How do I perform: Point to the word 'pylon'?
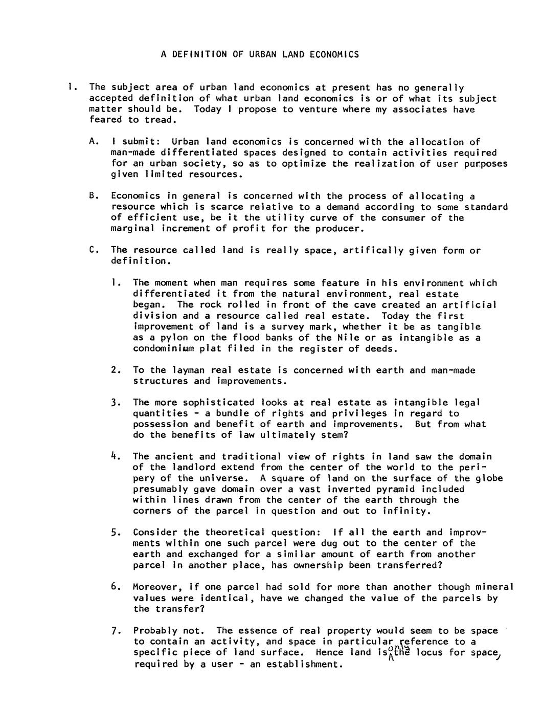(x=161, y=338)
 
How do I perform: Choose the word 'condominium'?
(x=164, y=349)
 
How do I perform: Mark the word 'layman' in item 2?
(x=188, y=370)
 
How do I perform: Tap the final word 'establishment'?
(x=304, y=665)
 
